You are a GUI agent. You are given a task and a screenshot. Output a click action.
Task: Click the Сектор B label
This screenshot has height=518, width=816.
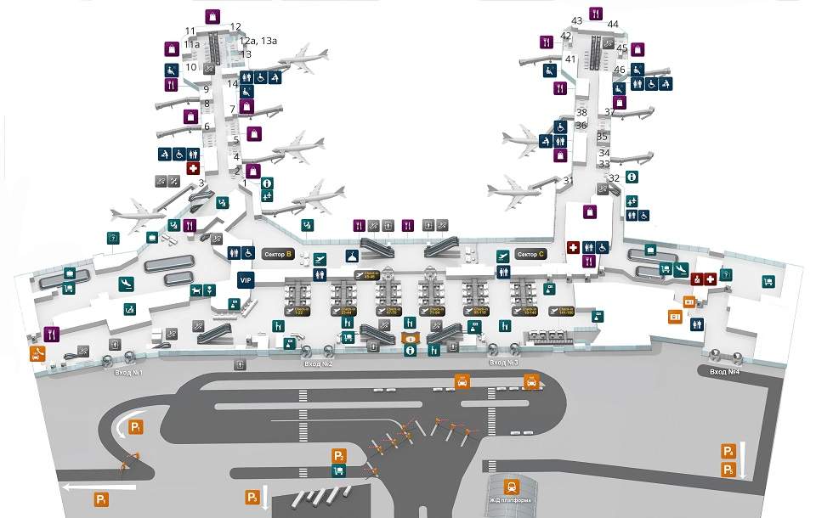pyautogui.click(x=276, y=254)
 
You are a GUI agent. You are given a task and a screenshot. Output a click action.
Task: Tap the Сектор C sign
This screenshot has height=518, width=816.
pyautogui.click(x=530, y=254)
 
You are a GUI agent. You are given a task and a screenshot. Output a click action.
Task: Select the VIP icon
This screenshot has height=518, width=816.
pyautogui.click(x=246, y=280)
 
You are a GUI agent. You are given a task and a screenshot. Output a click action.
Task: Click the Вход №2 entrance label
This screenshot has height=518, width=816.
pyautogui.click(x=318, y=363)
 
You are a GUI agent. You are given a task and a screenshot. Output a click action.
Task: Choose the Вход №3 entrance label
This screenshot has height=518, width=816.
pyautogui.click(x=503, y=363)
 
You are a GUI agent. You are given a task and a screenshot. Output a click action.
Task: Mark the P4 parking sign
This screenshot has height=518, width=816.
pyautogui.click(x=728, y=451)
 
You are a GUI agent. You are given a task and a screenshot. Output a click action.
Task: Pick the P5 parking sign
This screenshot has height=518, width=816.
pyautogui.click(x=728, y=470)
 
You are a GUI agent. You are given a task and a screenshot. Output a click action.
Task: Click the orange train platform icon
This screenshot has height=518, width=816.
pyautogui.click(x=513, y=487)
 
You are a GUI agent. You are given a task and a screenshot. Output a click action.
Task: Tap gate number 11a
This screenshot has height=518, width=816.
pyautogui.click(x=191, y=44)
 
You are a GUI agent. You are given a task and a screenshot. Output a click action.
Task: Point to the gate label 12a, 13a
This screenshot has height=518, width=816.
pyautogui.click(x=258, y=40)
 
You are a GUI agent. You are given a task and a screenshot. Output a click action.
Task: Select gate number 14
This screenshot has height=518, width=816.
pyautogui.click(x=232, y=83)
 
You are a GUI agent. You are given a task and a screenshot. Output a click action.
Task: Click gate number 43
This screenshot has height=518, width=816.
pyautogui.click(x=576, y=20)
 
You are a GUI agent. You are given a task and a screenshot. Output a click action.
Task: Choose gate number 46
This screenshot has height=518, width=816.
pyautogui.click(x=619, y=70)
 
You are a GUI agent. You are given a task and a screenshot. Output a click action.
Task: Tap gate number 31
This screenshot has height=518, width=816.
pyautogui.click(x=568, y=181)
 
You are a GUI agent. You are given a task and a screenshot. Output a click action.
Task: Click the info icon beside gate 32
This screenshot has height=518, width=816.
pyautogui.click(x=632, y=177)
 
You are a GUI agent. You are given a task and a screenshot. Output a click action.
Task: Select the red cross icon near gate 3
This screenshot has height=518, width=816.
pyautogui.click(x=193, y=169)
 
